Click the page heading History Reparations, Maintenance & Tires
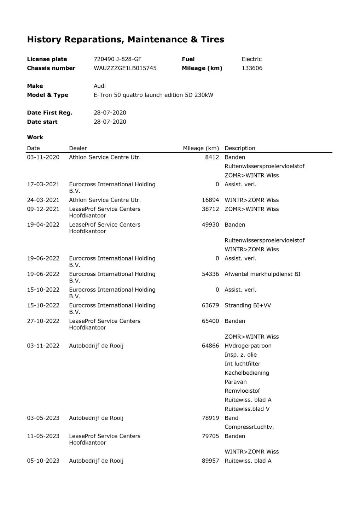[x=126, y=40]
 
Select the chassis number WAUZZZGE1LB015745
[x=125, y=68]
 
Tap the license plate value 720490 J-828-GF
[x=117, y=59]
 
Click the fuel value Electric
[x=251, y=59]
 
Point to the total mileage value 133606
[x=252, y=68]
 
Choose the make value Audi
[x=99, y=86]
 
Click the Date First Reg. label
[x=50, y=113]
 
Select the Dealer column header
[x=78, y=148]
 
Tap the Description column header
[x=240, y=148]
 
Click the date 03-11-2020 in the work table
[x=43, y=157]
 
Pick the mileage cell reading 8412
[x=212, y=157]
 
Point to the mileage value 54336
[x=210, y=274]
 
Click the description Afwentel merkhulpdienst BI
[x=262, y=274]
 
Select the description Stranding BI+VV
[x=248, y=305]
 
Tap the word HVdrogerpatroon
[x=248, y=346]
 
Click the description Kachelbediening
[x=247, y=373]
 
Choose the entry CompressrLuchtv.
[x=249, y=427]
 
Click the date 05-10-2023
[x=43, y=461]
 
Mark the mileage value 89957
[x=210, y=461]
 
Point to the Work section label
[x=35, y=138]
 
